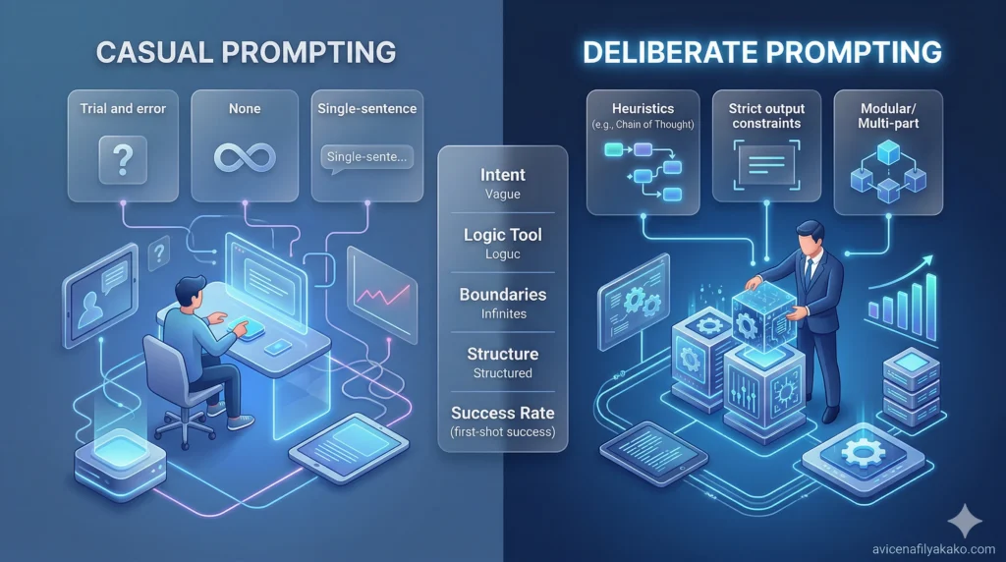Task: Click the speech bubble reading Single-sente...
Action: [365, 156]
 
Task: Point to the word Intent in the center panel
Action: [502, 175]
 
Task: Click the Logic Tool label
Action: [502, 235]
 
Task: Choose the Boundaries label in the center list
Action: [502, 295]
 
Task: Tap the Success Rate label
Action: [502, 413]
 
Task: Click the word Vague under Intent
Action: [502, 195]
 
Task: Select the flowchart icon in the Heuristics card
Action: [643, 164]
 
